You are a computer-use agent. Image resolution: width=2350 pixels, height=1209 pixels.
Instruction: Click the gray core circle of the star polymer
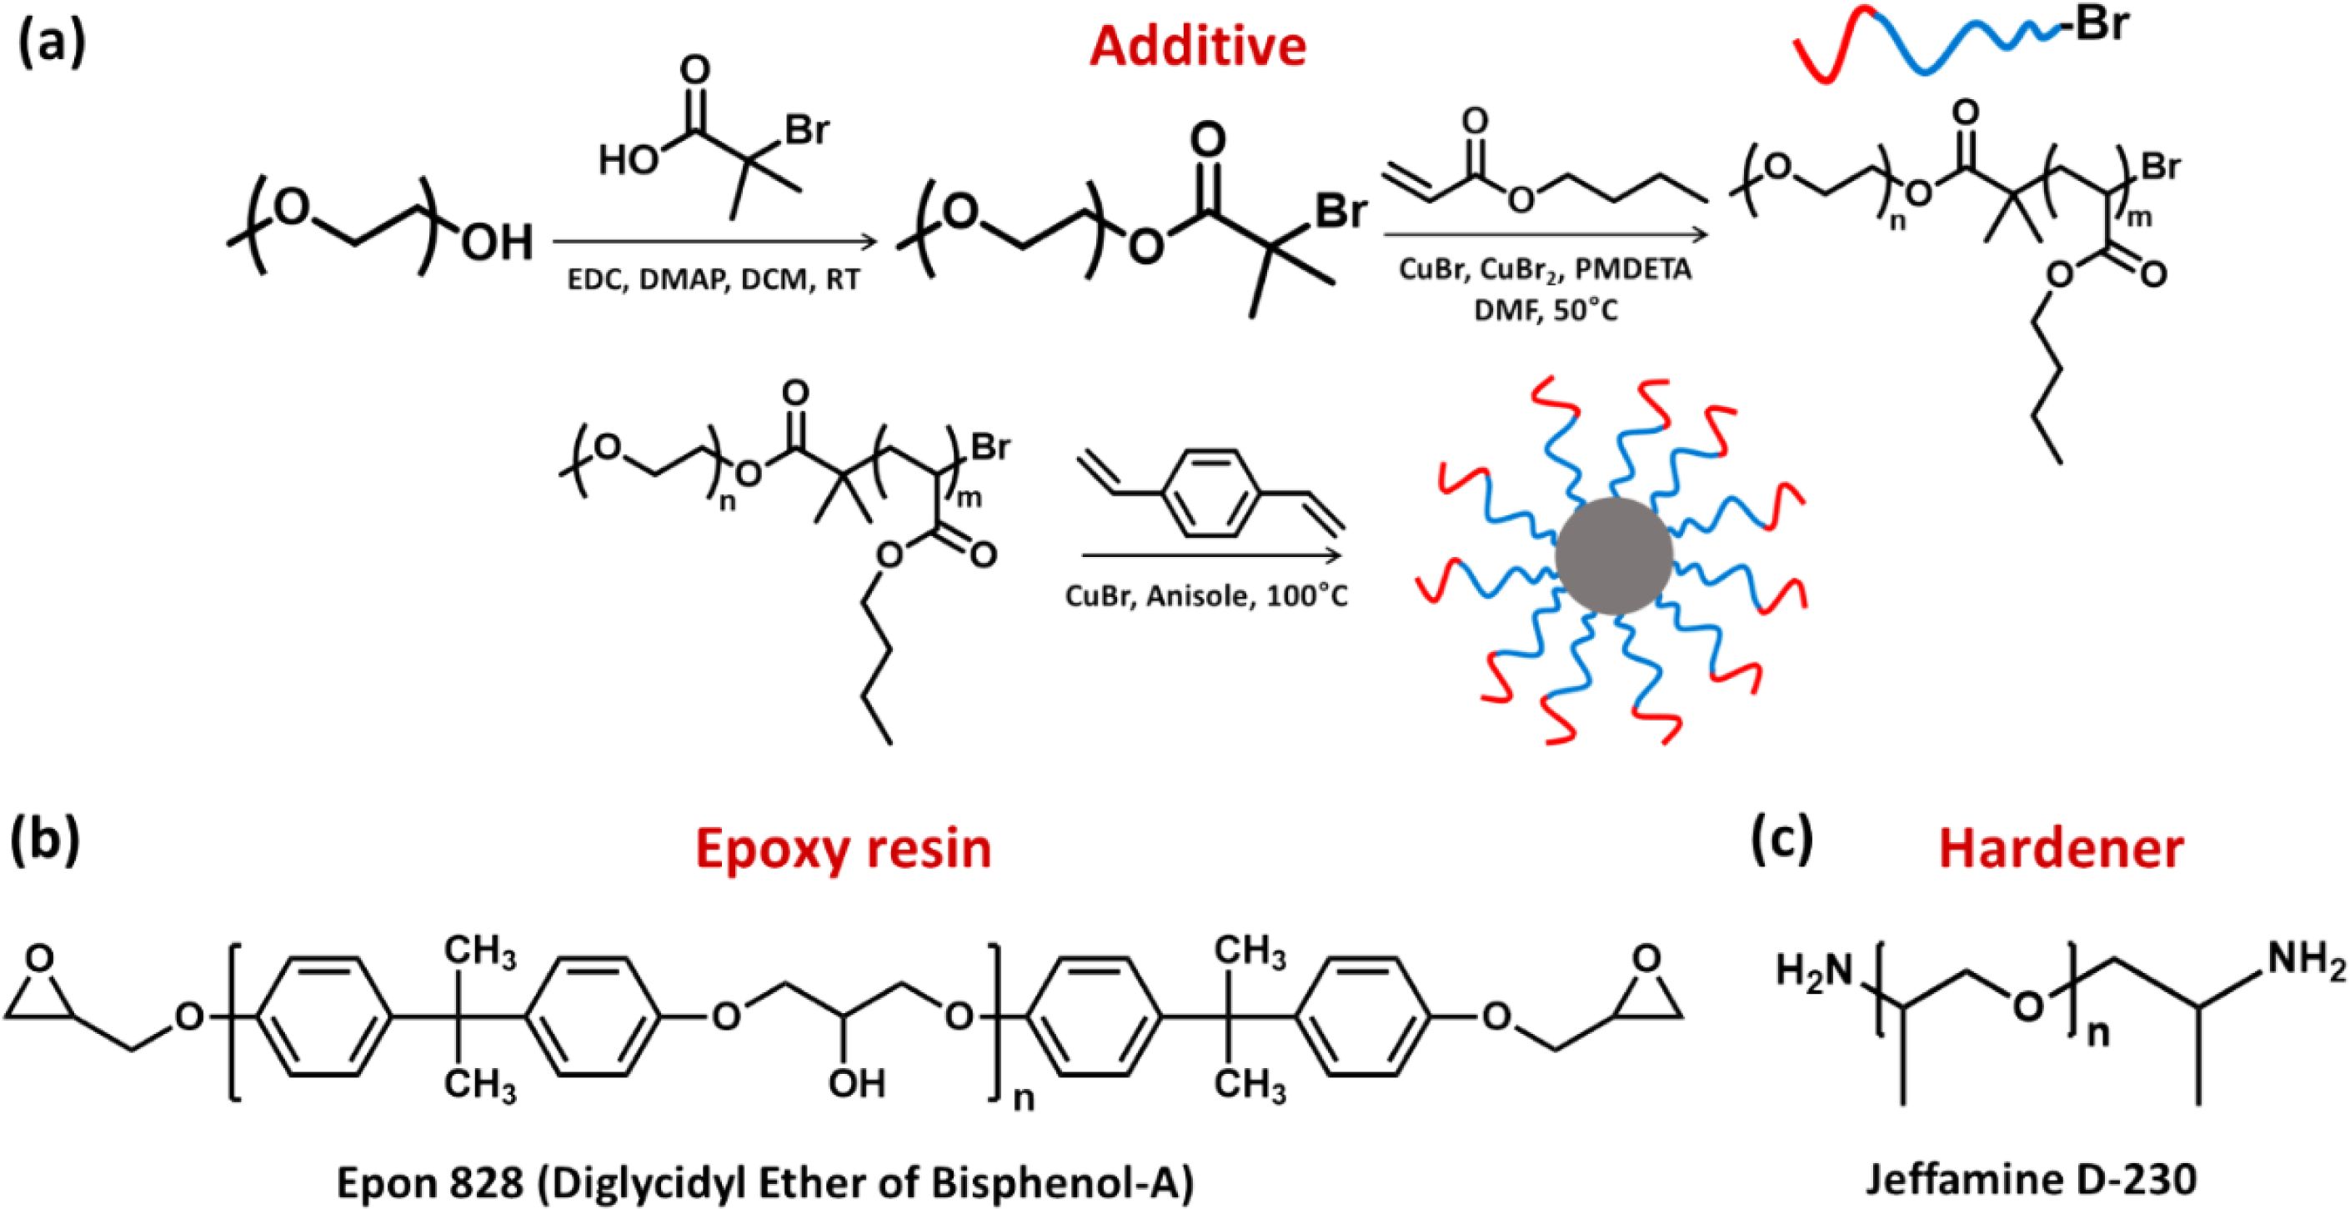(x=1613, y=554)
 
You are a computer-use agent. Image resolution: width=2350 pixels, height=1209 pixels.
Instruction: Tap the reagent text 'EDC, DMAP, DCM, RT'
(x=714, y=278)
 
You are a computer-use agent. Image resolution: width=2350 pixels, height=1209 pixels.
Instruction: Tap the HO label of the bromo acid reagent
(x=628, y=162)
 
